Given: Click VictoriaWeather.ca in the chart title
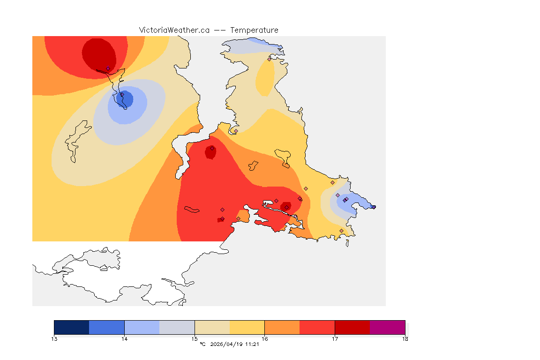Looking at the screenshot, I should pyautogui.click(x=174, y=30).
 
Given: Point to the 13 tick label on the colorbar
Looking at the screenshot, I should pyautogui.click(x=54, y=339).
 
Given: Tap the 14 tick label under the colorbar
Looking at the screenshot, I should pyautogui.click(x=124, y=339).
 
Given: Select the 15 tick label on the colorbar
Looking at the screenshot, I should pyautogui.click(x=195, y=339).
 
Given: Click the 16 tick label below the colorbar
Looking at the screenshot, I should pyautogui.click(x=265, y=339).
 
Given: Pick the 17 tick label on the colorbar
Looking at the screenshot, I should pyautogui.click(x=335, y=339).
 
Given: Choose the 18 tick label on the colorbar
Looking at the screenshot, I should pyautogui.click(x=405, y=339).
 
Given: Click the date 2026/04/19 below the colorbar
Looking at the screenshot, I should pyautogui.click(x=227, y=345).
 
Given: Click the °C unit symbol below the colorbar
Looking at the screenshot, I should pyautogui.click(x=202, y=345).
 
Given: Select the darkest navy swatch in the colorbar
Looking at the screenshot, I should pyautogui.click(x=72, y=327).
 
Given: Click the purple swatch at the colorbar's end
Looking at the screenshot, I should pyautogui.click(x=388, y=327).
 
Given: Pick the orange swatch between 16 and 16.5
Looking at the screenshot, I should pyautogui.click(x=282, y=327).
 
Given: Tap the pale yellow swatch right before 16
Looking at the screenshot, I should pyautogui.click(x=247, y=327).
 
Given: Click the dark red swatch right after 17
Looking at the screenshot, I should pyautogui.click(x=352, y=327).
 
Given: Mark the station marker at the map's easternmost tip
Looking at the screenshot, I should pyautogui.click(x=374, y=207).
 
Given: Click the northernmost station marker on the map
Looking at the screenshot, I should pyautogui.click(x=269, y=59).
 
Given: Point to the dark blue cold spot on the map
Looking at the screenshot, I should pyautogui.click(x=126, y=99).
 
